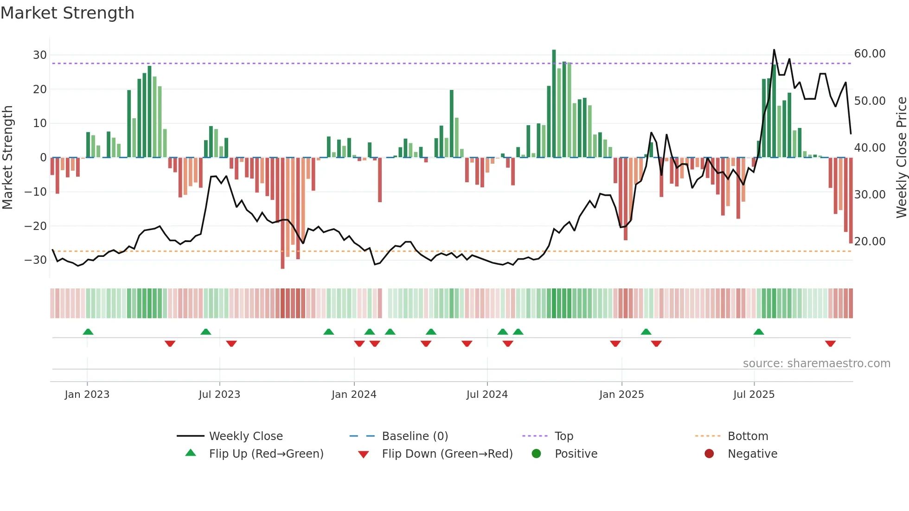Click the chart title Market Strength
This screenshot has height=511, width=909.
click(67, 13)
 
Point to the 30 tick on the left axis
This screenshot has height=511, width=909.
click(40, 55)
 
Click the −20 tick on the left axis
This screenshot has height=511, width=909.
click(36, 226)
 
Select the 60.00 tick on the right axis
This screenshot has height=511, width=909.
click(870, 54)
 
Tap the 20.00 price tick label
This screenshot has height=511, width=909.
click(870, 242)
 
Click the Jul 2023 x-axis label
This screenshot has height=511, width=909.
click(219, 395)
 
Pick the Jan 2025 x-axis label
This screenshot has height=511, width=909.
click(621, 395)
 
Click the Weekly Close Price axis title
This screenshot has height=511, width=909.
click(901, 158)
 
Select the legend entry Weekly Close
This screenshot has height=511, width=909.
click(245, 436)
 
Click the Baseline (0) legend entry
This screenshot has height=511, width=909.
click(415, 436)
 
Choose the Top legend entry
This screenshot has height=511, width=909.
click(563, 436)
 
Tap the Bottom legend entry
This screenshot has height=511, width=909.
click(748, 436)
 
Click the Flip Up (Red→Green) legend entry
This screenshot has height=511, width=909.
click(266, 454)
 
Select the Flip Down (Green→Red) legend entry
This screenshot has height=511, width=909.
click(447, 454)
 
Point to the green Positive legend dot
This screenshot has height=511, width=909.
click(536, 454)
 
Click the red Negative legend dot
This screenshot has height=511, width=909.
click(709, 454)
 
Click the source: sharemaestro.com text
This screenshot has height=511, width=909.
click(816, 364)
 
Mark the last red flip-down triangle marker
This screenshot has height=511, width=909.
click(830, 344)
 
